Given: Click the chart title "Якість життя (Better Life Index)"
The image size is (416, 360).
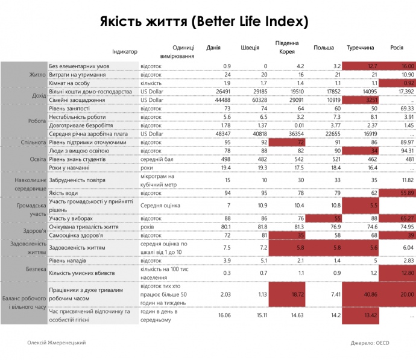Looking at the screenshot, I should (x=204, y=22).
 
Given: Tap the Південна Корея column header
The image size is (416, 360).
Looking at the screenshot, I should (x=287, y=48).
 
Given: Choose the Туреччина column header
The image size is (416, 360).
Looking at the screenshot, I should (x=361, y=48).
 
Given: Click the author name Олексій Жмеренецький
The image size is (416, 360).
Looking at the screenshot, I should (x=56, y=342).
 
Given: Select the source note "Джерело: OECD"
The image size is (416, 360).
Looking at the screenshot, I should (x=371, y=343).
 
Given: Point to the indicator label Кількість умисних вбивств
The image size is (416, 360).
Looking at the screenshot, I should (x=83, y=273).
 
